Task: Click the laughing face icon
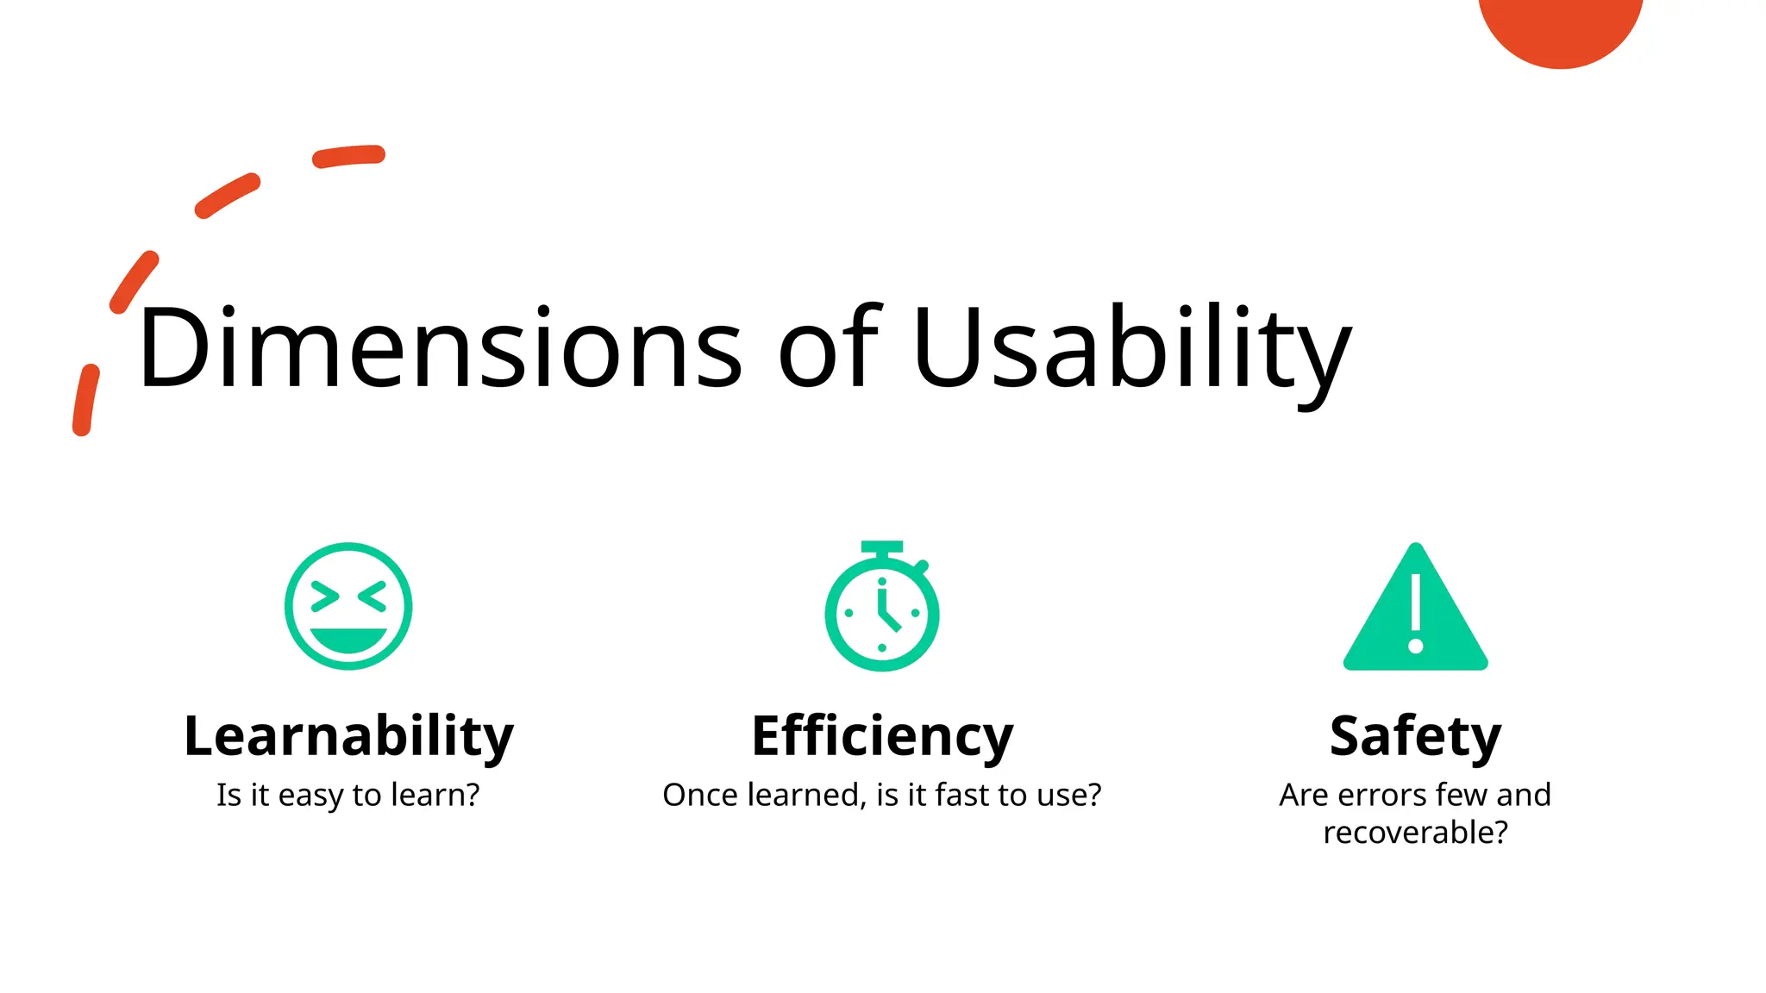tap(348, 606)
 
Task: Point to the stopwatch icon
tap(882, 610)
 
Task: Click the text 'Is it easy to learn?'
tap(348, 795)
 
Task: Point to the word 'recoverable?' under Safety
tap(1415, 833)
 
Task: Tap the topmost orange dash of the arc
tap(348, 156)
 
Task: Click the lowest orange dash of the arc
tap(85, 400)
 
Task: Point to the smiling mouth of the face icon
tap(348, 640)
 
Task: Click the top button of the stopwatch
tap(882, 547)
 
